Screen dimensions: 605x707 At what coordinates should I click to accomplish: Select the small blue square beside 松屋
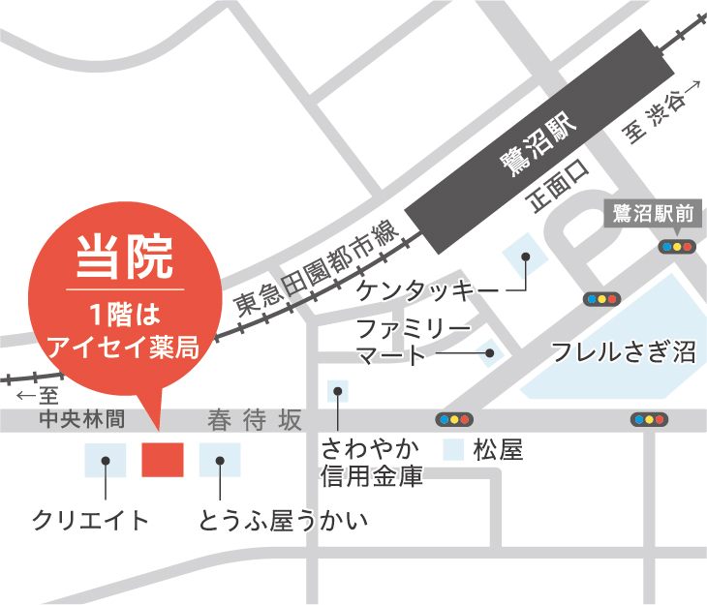click(x=451, y=449)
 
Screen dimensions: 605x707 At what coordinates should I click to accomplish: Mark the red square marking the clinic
click(x=163, y=459)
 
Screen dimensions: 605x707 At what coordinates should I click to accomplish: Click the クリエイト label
click(x=91, y=521)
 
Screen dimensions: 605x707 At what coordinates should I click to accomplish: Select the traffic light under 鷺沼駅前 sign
click(x=676, y=247)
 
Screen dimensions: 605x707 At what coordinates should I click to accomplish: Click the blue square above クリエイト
click(x=105, y=459)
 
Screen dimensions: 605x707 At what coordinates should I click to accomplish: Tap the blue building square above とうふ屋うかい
click(x=220, y=459)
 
